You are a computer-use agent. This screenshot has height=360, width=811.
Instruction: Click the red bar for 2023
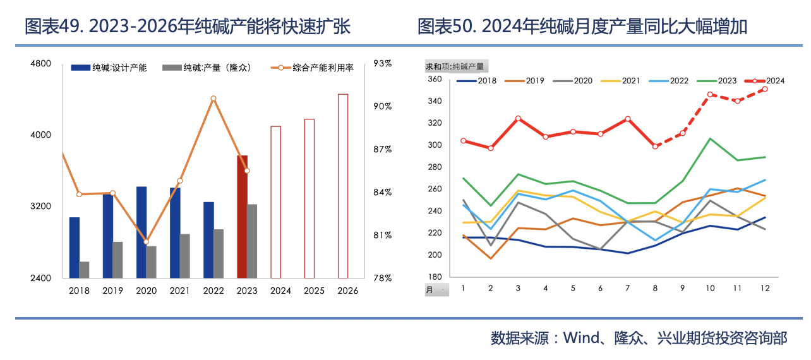coord(242,216)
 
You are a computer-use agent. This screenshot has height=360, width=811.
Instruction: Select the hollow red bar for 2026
coord(343,186)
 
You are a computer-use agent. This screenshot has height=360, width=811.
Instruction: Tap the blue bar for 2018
coord(75,247)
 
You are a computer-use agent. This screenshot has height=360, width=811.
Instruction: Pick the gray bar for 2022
coord(219,253)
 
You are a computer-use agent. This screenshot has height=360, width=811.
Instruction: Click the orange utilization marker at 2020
coord(146,242)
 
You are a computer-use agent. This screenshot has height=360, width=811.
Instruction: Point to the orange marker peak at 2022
coord(213,99)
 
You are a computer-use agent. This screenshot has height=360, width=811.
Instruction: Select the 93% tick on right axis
coord(382,63)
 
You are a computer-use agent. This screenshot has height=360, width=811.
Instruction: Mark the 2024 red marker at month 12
coord(765,89)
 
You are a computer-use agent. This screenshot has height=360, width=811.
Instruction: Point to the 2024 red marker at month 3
coord(518,119)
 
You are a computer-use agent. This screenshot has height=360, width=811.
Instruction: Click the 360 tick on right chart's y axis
coord(434,79)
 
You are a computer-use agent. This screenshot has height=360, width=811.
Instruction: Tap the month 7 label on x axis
coord(627,288)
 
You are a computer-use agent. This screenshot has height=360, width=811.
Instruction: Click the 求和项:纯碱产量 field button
coord(456,66)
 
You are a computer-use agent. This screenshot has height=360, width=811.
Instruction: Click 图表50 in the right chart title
coord(442,27)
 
